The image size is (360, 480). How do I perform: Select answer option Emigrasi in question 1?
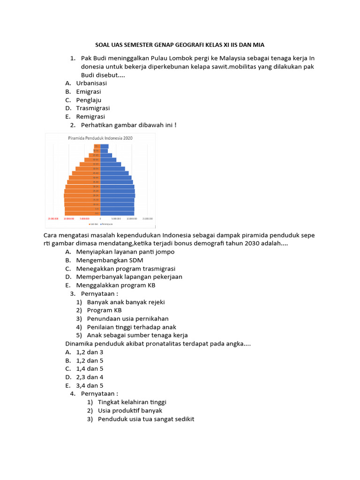[88, 91]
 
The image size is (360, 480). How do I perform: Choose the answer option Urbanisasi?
[91, 83]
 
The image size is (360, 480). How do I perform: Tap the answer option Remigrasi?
[90, 117]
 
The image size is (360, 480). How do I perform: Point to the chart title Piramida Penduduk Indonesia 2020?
[100, 138]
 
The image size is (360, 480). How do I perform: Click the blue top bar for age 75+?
[104, 146]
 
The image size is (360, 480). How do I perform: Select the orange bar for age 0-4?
[82, 213]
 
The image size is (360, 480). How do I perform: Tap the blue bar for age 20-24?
[117, 195]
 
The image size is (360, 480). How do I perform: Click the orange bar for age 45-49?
[87, 173]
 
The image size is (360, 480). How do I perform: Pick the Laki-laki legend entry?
[92, 224]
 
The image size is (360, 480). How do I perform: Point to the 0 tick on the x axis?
[100, 218]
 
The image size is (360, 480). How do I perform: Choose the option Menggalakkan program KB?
[115, 285]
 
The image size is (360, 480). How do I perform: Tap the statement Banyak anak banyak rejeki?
[126, 302]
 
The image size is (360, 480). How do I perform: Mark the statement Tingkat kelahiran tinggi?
[132, 402]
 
